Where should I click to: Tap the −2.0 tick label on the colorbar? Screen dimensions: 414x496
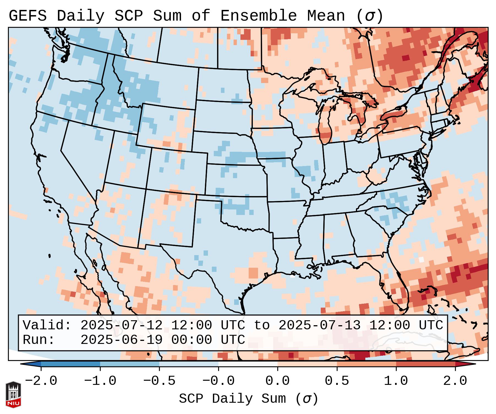(x=41, y=381)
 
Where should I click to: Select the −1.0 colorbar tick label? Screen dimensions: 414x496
(x=100, y=381)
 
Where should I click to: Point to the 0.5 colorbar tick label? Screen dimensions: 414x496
(x=337, y=381)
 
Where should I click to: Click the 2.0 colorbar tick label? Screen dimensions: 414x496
(x=455, y=381)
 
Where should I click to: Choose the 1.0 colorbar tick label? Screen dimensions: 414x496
(x=396, y=381)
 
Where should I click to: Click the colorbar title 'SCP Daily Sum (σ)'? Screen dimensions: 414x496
(x=248, y=399)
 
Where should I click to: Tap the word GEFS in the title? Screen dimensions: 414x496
(x=28, y=16)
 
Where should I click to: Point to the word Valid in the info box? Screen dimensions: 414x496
(x=43, y=325)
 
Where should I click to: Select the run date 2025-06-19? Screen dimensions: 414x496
(x=121, y=340)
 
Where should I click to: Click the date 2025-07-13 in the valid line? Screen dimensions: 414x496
(x=319, y=325)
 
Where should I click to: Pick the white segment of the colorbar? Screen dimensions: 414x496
(x=248, y=364)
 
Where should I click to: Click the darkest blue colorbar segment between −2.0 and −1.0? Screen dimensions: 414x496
(x=70, y=364)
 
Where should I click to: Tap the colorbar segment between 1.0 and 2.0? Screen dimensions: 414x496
(x=425, y=364)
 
